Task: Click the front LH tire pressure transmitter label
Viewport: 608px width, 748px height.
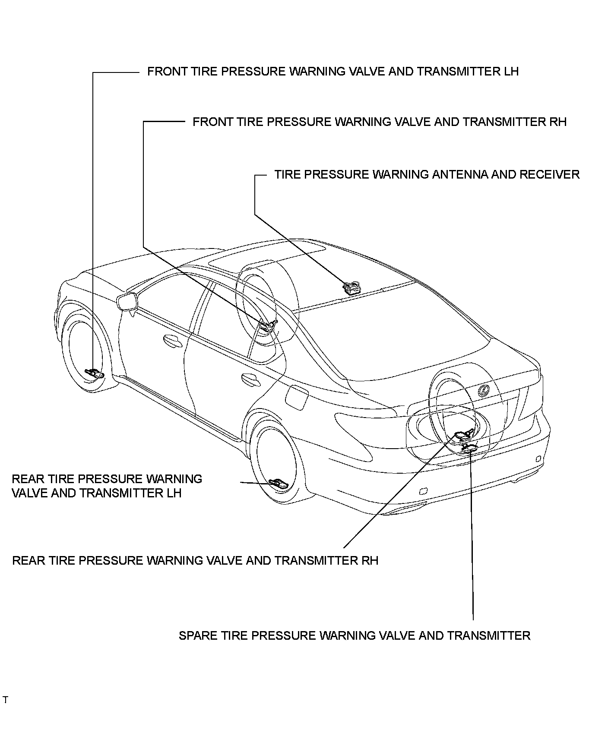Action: pyautogui.click(x=332, y=72)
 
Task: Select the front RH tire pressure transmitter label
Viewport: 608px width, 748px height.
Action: pyautogui.click(x=379, y=122)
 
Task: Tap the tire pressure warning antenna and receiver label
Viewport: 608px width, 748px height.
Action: pyautogui.click(x=427, y=175)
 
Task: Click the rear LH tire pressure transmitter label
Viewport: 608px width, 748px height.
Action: pyautogui.click(x=107, y=486)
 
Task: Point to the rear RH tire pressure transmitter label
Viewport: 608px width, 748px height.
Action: pyautogui.click(x=195, y=560)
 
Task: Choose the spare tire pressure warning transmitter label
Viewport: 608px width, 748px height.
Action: pyautogui.click(x=354, y=635)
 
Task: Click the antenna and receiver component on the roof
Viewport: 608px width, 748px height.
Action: pyautogui.click(x=351, y=287)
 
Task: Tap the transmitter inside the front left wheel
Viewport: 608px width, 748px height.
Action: pyautogui.click(x=95, y=373)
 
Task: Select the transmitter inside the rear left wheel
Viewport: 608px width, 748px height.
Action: pyautogui.click(x=278, y=483)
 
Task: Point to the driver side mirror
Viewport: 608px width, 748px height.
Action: pyautogui.click(x=127, y=301)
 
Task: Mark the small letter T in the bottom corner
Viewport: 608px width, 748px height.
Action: pyautogui.click(x=5, y=700)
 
